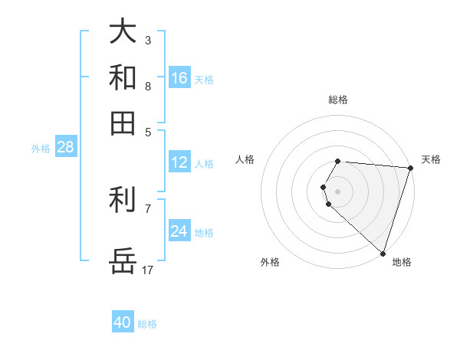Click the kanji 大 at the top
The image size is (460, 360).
coord(123,31)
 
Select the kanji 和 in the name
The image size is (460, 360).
coord(123,77)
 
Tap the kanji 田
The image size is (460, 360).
coord(123,123)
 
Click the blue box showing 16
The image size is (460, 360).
coord(179,78)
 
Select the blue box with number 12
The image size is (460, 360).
coord(179,162)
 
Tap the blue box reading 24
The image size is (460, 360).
coord(179,231)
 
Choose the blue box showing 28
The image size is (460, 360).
coord(65,148)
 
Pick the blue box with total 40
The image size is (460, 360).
coord(123,322)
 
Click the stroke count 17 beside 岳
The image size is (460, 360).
coord(148,270)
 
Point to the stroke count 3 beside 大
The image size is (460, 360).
coord(148,39)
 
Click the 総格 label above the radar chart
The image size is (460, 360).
coord(338,100)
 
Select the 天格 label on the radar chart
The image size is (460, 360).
coord(431,159)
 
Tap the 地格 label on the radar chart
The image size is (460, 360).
coord(402,262)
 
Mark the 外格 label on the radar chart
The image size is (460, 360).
coord(270,262)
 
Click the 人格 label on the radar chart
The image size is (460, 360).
coord(245,159)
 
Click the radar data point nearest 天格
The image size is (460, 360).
coord(410,169)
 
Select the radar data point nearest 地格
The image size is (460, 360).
coord(383,253)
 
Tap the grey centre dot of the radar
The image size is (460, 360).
coord(338,191)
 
